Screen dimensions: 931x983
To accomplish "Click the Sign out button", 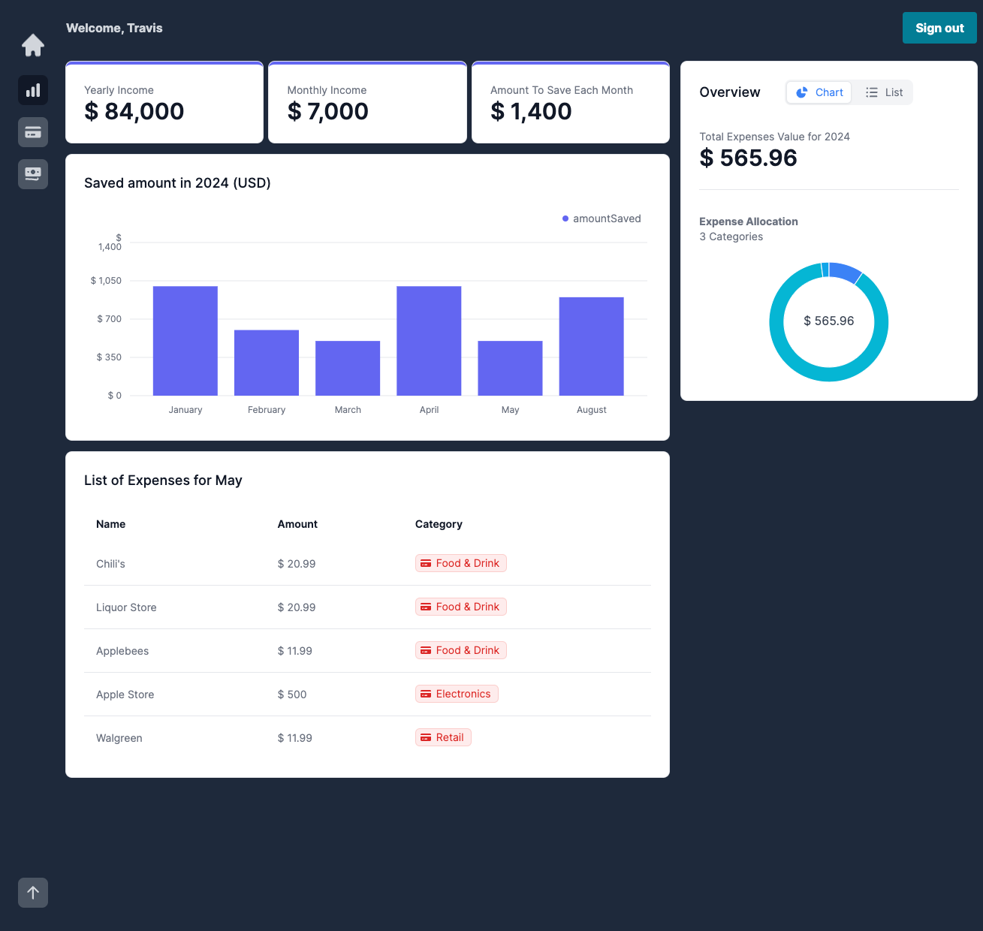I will pyautogui.click(x=939, y=28).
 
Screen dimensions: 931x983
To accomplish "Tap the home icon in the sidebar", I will pyautogui.click(x=33, y=46).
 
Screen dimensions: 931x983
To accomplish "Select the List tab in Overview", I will pyautogui.click(x=884, y=92).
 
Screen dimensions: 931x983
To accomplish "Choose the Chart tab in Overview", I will pyautogui.click(x=819, y=92).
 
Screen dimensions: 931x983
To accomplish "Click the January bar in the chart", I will pyautogui.click(x=185, y=341).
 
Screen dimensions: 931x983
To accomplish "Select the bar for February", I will pyautogui.click(x=267, y=363).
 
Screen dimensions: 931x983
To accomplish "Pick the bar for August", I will pyautogui.click(x=591, y=346).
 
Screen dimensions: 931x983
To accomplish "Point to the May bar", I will pyautogui.click(x=510, y=368).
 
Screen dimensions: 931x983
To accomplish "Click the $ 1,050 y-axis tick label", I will pyautogui.click(x=106, y=281).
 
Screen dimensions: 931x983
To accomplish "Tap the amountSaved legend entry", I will pyautogui.click(x=602, y=218).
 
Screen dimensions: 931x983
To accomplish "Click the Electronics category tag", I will pyautogui.click(x=457, y=694).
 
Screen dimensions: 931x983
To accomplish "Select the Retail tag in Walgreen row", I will pyautogui.click(x=443, y=737).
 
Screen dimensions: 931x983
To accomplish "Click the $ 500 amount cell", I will pyautogui.click(x=292, y=694).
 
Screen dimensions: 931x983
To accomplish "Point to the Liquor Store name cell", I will pyautogui.click(x=126, y=607).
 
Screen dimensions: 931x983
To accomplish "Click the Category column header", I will pyautogui.click(x=439, y=524).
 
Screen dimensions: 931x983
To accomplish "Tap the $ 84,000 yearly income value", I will pyautogui.click(x=134, y=111).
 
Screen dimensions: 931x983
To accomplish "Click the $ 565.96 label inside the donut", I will pyautogui.click(x=828, y=321).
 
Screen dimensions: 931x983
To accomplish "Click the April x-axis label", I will pyautogui.click(x=429, y=410).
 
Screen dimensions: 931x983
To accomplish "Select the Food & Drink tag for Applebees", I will pyautogui.click(x=461, y=650).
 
